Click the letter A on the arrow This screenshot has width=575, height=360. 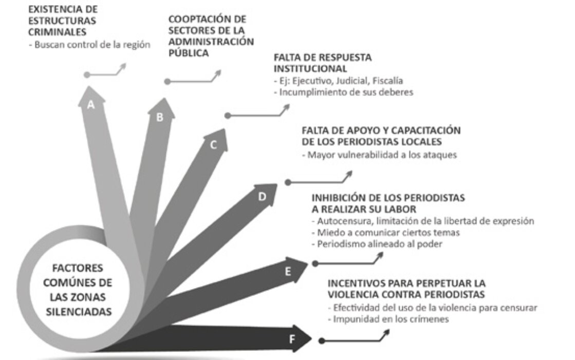click(91, 105)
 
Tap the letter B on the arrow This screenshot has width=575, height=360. click(160, 117)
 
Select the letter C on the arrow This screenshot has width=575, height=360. click(214, 145)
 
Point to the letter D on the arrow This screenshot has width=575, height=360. click(262, 196)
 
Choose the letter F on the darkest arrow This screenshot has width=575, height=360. click(292, 338)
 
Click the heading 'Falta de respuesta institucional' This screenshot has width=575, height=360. click(322, 63)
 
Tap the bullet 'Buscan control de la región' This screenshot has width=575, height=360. click(89, 44)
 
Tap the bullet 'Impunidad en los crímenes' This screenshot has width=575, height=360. click(388, 319)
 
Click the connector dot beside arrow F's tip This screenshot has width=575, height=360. click(322, 340)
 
